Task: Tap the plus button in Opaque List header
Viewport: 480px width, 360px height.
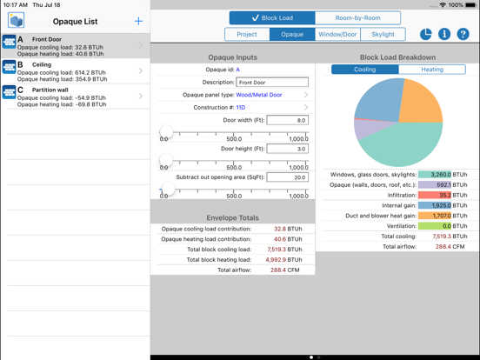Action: point(138,21)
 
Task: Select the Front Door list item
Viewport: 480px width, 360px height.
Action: point(74,46)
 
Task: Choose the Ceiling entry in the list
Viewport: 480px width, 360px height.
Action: point(74,71)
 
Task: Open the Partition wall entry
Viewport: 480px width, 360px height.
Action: point(74,96)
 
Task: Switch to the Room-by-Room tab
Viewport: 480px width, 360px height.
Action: point(357,17)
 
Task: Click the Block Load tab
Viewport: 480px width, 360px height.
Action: point(272,17)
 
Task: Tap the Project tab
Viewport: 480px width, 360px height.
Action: point(247,35)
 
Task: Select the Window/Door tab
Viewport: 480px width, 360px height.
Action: point(337,35)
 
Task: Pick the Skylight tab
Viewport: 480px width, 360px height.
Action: point(383,35)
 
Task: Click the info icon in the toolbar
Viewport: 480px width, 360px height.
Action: point(444,34)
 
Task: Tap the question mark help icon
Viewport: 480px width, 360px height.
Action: point(463,34)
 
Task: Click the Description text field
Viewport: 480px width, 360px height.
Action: point(272,83)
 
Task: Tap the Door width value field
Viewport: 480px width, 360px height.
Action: point(287,120)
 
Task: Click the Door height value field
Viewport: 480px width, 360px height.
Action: point(287,149)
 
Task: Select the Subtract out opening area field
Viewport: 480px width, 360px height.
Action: point(287,177)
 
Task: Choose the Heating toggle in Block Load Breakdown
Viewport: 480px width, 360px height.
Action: point(432,70)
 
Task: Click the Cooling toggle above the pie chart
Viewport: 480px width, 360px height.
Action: point(365,70)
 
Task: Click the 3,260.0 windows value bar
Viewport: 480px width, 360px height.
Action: point(435,175)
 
